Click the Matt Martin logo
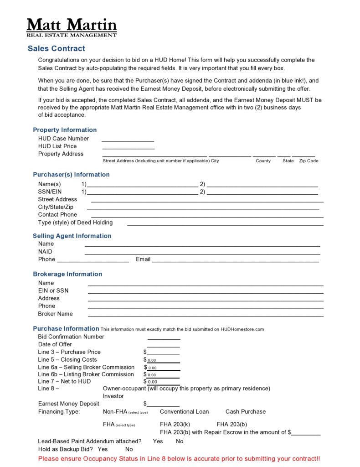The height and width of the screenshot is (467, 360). (x=72, y=27)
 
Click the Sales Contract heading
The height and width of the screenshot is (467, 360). (x=56, y=49)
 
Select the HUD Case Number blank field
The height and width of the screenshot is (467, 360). (x=128, y=139)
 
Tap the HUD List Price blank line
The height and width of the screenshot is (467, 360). (x=128, y=147)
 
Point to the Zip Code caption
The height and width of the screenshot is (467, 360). (x=309, y=161)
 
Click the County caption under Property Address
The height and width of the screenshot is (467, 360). (x=263, y=161)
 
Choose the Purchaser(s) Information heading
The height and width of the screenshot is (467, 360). (x=71, y=175)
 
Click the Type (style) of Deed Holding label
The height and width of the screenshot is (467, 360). (x=75, y=223)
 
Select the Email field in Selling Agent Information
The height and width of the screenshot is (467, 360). (x=235, y=259)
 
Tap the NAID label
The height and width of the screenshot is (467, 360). (x=45, y=252)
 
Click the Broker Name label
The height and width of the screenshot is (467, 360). (x=55, y=314)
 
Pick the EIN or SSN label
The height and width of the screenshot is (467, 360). (x=53, y=291)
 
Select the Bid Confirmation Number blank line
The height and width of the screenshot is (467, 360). (x=164, y=337)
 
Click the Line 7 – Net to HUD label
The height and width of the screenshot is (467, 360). (x=64, y=381)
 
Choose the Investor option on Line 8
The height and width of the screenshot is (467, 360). (x=113, y=396)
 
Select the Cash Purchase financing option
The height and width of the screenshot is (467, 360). (x=245, y=412)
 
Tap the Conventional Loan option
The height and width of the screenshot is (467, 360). (x=184, y=412)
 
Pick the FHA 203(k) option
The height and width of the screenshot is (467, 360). (x=175, y=425)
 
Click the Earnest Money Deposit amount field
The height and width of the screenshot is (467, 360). (x=163, y=404)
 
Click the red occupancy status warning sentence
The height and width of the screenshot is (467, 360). (x=179, y=459)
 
